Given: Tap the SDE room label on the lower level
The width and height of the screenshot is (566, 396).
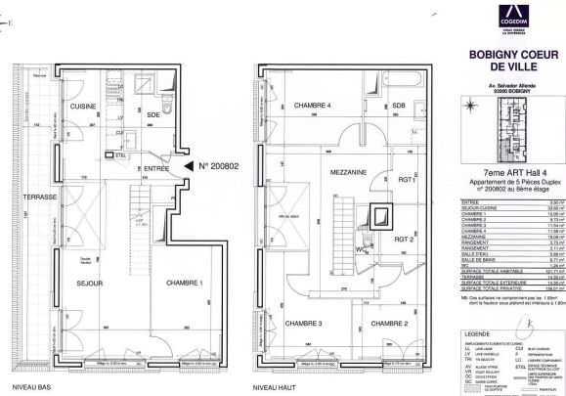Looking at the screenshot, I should click(x=152, y=114).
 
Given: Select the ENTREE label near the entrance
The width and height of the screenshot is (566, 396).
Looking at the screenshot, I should click(x=156, y=168).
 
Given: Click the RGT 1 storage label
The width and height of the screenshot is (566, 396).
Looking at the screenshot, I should click(x=407, y=180).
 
